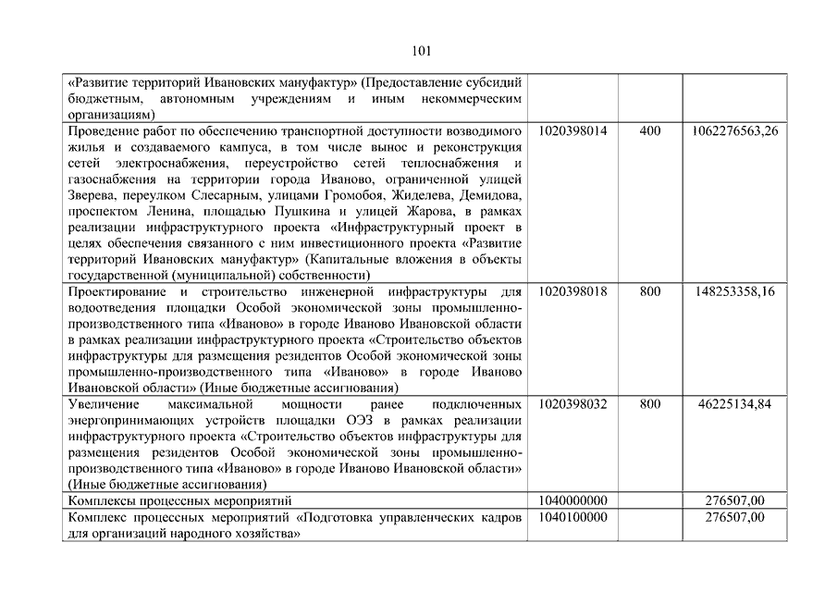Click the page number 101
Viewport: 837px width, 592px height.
pos(418,51)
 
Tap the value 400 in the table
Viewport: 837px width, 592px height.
pos(650,131)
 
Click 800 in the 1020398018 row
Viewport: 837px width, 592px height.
pos(650,290)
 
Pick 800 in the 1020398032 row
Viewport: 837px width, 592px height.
pos(650,404)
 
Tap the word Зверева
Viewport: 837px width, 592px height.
pos(93,195)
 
